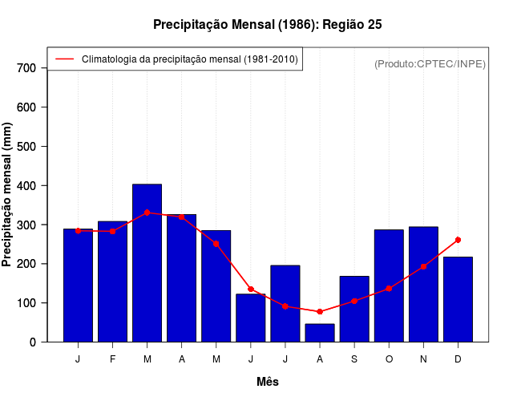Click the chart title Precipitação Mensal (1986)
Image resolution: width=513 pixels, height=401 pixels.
[267, 25]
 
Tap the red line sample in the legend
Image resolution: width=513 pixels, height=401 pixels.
[63, 59]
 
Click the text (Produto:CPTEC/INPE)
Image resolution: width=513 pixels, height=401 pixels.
[430, 63]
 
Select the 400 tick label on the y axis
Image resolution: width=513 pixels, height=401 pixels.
[26, 185]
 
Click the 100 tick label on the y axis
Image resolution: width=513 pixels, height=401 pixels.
[26, 303]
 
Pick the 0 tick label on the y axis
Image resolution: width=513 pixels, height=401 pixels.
[32, 342]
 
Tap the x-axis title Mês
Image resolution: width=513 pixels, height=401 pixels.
[268, 382]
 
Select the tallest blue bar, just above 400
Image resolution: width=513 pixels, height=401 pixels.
[147, 263]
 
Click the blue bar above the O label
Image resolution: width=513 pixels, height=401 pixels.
[389, 286]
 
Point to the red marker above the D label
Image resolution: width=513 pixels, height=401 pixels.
[458, 240]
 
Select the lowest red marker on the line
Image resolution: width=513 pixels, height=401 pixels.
[320, 311]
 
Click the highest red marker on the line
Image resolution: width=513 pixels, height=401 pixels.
[147, 213]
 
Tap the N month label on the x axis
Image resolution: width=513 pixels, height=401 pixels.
[423, 359]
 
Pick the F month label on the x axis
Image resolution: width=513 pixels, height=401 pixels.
[112, 359]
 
